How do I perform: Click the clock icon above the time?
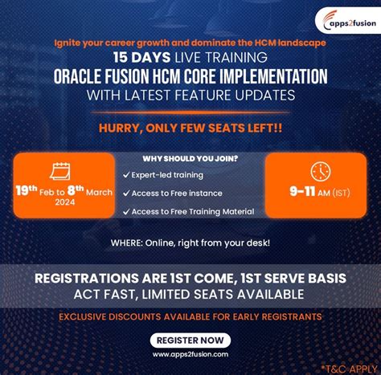[x=320, y=171]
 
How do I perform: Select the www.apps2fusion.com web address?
[x=190, y=353]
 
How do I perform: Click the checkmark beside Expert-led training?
[x=126, y=174]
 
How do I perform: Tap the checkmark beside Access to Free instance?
[x=126, y=193]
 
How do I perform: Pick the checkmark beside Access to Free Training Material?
[x=126, y=211]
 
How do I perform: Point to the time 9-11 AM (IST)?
[x=321, y=193]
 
